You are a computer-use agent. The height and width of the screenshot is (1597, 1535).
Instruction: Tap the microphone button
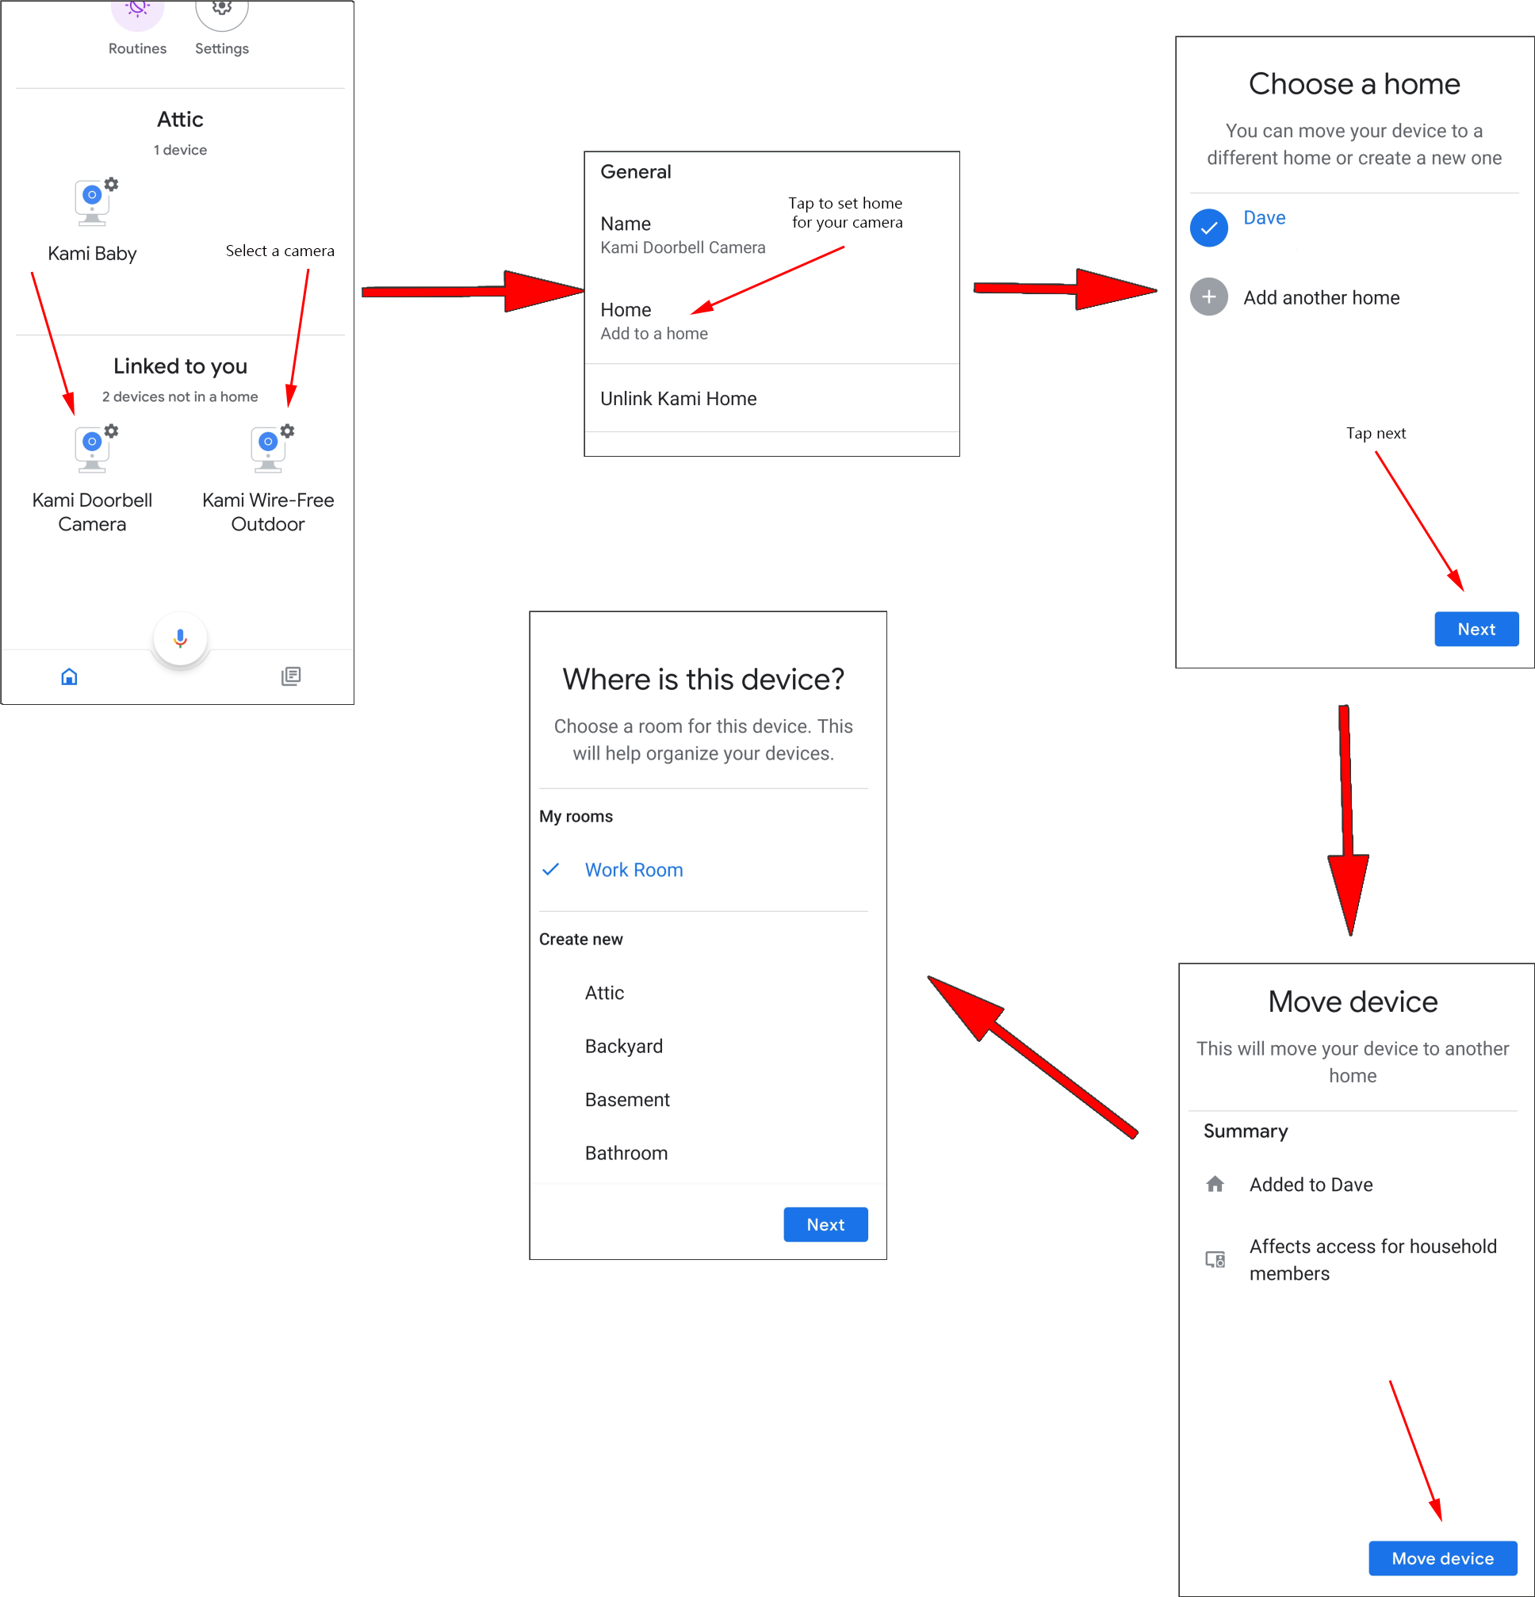pyautogui.click(x=180, y=638)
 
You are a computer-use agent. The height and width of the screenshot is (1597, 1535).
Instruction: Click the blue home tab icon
pyautogui.click(x=69, y=676)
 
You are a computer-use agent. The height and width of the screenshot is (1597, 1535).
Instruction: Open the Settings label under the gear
pyautogui.click(x=222, y=49)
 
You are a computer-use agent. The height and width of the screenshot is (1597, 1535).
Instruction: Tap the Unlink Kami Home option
pyautogui.click(x=678, y=398)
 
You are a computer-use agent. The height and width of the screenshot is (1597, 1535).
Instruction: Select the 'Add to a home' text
pyautogui.click(x=653, y=333)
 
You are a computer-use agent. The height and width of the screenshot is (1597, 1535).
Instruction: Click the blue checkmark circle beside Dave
pyautogui.click(x=1208, y=228)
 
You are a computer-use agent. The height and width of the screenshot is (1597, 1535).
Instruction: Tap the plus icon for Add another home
pyautogui.click(x=1208, y=297)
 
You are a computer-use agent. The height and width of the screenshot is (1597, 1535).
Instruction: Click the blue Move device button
pyautogui.click(x=1442, y=1558)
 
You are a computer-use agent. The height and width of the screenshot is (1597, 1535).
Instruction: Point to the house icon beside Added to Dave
pyautogui.click(x=1214, y=1184)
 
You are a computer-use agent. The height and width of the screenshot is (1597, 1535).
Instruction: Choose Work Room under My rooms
pyautogui.click(x=634, y=869)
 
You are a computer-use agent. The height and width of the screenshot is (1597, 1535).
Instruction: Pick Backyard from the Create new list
pyautogui.click(x=623, y=1046)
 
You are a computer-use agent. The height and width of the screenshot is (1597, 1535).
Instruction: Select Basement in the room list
pyautogui.click(x=626, y=1099)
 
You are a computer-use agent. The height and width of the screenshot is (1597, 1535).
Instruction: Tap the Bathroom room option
pyautogui.click(x=626, y=1153)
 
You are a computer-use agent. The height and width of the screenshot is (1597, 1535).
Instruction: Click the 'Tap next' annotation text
pyautogui.click(x=1376, y=434)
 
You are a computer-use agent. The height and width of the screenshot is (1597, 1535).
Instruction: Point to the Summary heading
pyautogui.click(x=1245, y=1131)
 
